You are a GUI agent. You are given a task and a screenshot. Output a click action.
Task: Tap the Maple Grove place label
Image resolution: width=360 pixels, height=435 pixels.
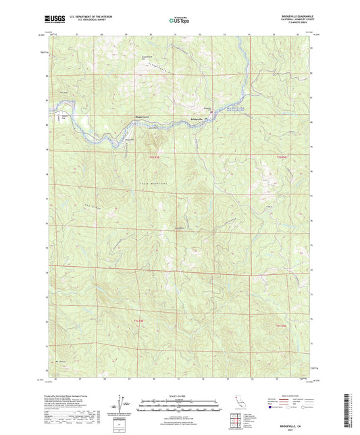143,116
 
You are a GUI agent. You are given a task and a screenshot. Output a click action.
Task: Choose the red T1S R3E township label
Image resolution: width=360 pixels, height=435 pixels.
139,321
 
